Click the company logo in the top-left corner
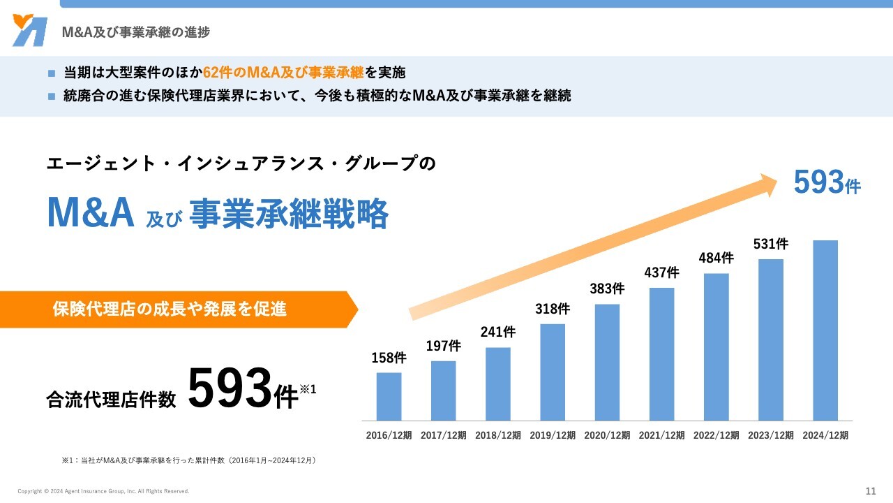click(x=30, y=31)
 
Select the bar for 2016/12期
click(x=389, y=396)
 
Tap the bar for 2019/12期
click(x=553, y=372)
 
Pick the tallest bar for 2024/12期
click(x=825, y=330)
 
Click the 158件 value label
click(x=389, y=358)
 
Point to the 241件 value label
click(x=498, y=332)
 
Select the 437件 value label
click(x=661, y=272)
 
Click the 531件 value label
click(x=771, y=244)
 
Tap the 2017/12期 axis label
click(x=444, y=435)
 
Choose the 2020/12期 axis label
click(x=607, y=435)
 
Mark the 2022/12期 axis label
click(x=716, y=435)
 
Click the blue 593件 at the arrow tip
click(x=827, y=183)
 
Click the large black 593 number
click(x=230, y=389)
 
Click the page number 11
click(x=870, y=490)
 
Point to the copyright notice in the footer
click(x=103, y=491)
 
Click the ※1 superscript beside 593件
click(x=308, y=388)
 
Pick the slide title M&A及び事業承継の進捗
click(x=136, y=32)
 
